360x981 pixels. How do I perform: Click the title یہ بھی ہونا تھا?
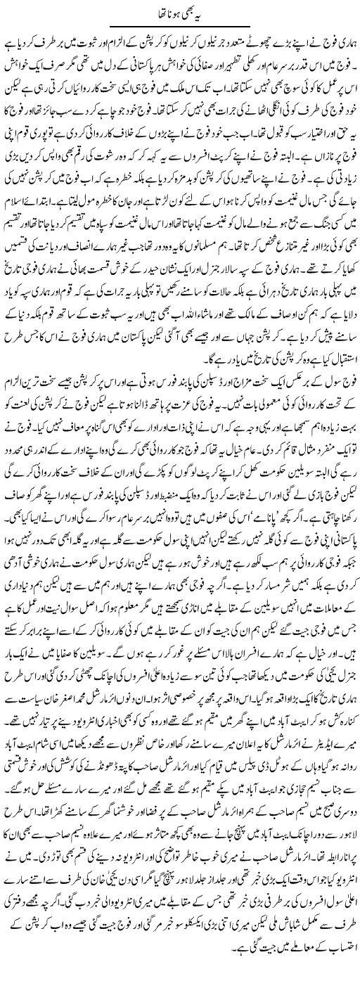coord(179,13)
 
